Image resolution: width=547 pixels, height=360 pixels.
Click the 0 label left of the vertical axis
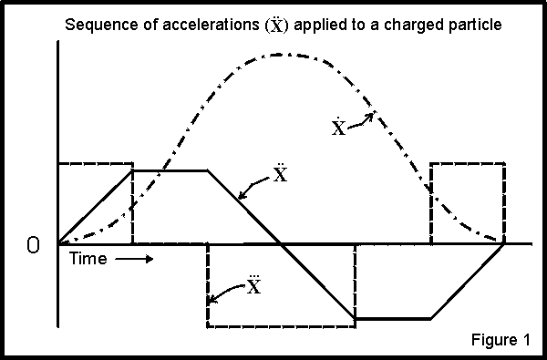[34, 246]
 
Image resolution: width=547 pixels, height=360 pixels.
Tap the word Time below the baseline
[89, 259]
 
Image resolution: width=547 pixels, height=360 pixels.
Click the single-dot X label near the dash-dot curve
[338, 128]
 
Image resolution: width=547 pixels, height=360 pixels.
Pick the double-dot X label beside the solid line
[279, 172]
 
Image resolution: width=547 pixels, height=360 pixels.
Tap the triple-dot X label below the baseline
[254, 286]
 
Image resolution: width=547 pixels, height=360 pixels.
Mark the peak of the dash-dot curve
[283, 56]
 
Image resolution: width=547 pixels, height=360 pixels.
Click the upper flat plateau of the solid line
[170, 170]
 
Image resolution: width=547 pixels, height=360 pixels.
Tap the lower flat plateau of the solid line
[392, 318]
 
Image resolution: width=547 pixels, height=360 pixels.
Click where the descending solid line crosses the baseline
[282, 244]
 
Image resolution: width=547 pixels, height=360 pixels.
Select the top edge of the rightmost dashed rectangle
[467, 163]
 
